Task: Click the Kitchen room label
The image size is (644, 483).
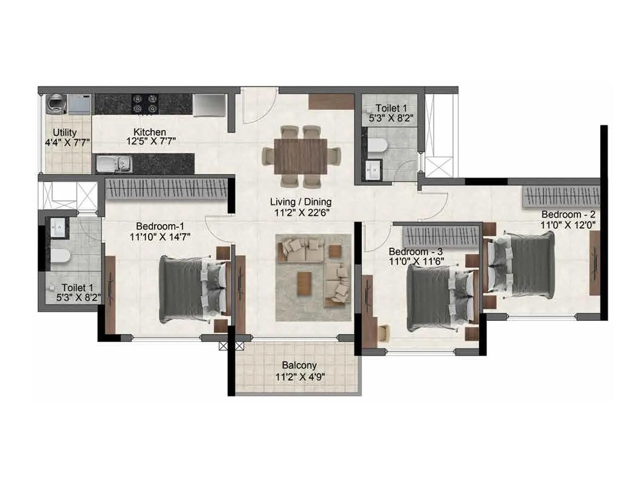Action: [x=150, y=132]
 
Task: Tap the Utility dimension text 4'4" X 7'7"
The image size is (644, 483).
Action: [x=67, y=142]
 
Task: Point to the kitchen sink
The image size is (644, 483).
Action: [x=114, y=163]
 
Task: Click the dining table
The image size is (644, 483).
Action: [x=301, y=156]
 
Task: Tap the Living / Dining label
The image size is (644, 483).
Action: [x=301, y=202]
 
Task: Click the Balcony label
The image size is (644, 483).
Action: [x=299, y=365]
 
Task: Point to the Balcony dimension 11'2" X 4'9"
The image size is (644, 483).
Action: [x=300, y=377]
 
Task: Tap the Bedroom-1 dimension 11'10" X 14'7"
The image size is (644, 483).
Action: [x=160, y=237]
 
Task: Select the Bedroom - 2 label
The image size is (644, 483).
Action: [x=568, y=214]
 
